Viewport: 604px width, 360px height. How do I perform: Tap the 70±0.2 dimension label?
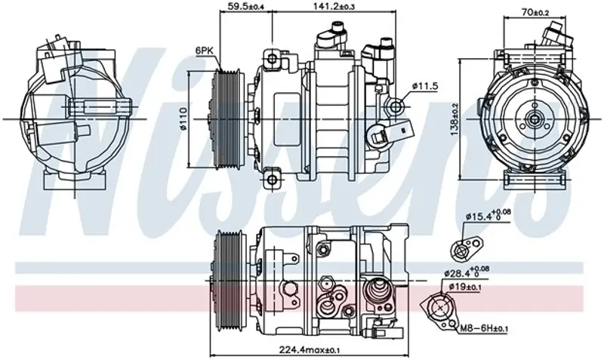[535, 12]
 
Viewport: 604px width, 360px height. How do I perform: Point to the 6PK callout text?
[204, 50]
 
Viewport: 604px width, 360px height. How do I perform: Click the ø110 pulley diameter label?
[183, 118]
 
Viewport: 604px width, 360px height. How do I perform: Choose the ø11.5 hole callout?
[425, 86]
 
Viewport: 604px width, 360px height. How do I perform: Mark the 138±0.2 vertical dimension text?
[455, 119]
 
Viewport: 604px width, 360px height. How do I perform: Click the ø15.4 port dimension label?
[488, 215]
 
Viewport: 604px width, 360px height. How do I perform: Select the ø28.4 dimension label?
[467, 272]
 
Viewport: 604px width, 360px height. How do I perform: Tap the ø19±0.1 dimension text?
[465, 287]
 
